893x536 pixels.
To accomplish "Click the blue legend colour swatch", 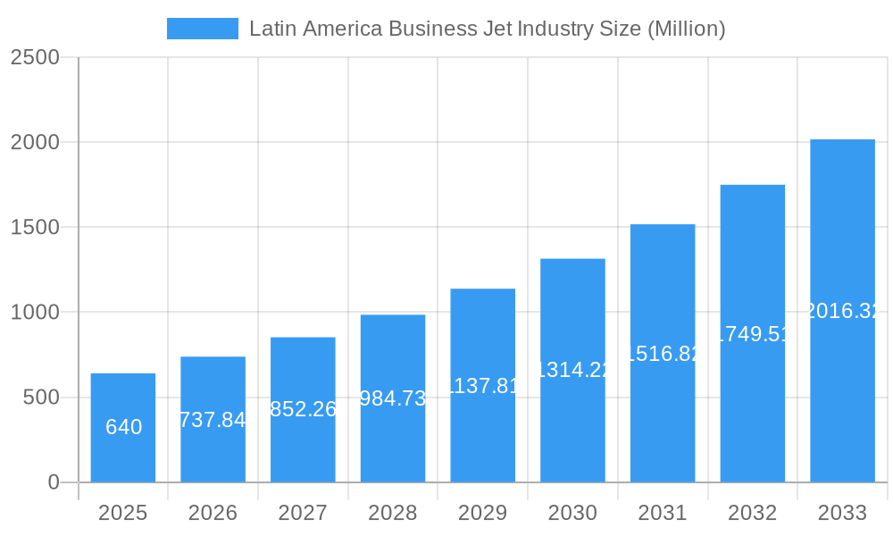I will point(203,29).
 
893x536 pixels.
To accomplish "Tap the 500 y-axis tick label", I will point(40,398).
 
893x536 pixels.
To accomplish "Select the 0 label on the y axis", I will point(53,482).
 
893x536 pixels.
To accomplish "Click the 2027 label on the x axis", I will point(303,513).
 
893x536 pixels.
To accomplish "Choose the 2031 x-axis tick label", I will point(663,513).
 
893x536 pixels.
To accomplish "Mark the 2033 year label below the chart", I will point(842,513).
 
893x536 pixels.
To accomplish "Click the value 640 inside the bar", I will point(123,427).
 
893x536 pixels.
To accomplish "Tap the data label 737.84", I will point(213,420).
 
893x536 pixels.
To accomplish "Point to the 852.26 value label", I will point(303,409).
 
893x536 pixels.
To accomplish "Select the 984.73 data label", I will point(393,398).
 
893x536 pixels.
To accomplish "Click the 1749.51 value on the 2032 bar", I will point(753,334).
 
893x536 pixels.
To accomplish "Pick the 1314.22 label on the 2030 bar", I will point(572,370).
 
